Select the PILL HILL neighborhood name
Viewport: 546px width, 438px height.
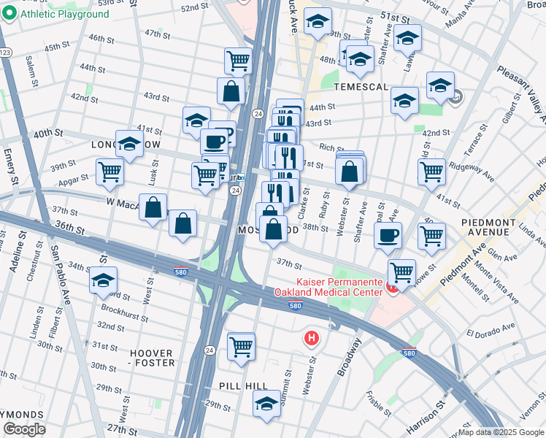pos(245,385)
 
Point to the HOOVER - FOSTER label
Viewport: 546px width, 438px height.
pos(153,358)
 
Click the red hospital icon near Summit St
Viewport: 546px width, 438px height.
pos(312,338)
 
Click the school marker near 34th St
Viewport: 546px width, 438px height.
pos(103,280)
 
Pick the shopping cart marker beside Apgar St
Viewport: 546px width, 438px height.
pos(109,172)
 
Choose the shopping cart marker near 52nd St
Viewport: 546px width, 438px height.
pos(238,61)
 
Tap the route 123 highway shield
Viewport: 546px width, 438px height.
pos(6,52)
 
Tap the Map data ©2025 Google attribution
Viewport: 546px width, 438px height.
pos(501,432)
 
